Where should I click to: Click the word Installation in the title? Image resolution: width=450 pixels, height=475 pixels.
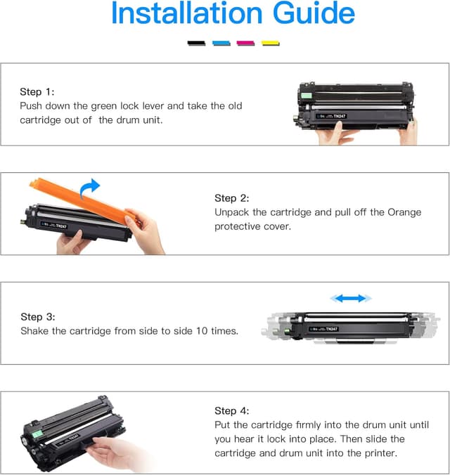pyautogui.click(x=187, y=13)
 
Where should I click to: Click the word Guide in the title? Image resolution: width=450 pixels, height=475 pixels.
pyautogui.click(x=314, y=13)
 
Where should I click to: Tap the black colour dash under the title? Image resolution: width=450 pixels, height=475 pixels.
pyautogui.click(x=196, y=44)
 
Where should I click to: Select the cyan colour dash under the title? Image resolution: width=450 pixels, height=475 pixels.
pyautogui.click(x=221, y=44)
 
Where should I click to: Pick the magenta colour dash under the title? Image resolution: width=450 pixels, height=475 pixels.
pyautogui.click(x=245, y=44)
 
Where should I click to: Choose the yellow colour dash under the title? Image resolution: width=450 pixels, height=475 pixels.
pyautogui.click(x=271, y=44)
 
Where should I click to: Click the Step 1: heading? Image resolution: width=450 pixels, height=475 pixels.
pyautogui.click(x=37, y=92)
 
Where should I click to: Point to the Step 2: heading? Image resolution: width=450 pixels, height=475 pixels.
pyautogui.click(x=231, y=198)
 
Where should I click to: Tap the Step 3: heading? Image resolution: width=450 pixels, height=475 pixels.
pyautogui.click(x=38, y=317)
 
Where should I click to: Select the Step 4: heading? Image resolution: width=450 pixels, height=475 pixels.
pyautogui.click(x=231, y=411)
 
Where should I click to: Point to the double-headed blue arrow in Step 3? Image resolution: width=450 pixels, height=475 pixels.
pyautogui.click(x=351, y=299)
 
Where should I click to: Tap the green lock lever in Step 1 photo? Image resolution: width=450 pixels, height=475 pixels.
pyautogui.click(x=307, y=96)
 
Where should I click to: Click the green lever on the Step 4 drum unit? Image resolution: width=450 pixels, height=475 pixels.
pyautogui.click(x=37, y=434)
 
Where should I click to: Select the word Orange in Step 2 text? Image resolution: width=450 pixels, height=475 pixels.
pyautogui.click(x=404, y=212)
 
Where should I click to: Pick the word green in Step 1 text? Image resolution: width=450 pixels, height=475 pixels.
pyautogui.click(x=104, y=106)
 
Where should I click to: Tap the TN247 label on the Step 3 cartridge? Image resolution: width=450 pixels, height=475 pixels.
pyautogui.click(x=332, y=329)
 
